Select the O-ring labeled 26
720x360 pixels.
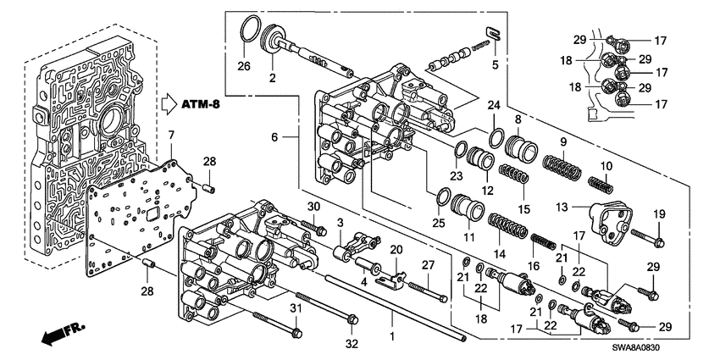coord(246,29)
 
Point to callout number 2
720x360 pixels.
coord(273,78)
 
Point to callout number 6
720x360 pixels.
coord(274,136)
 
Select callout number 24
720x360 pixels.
coord(491,106)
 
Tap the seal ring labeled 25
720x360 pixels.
coord(441,198)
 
